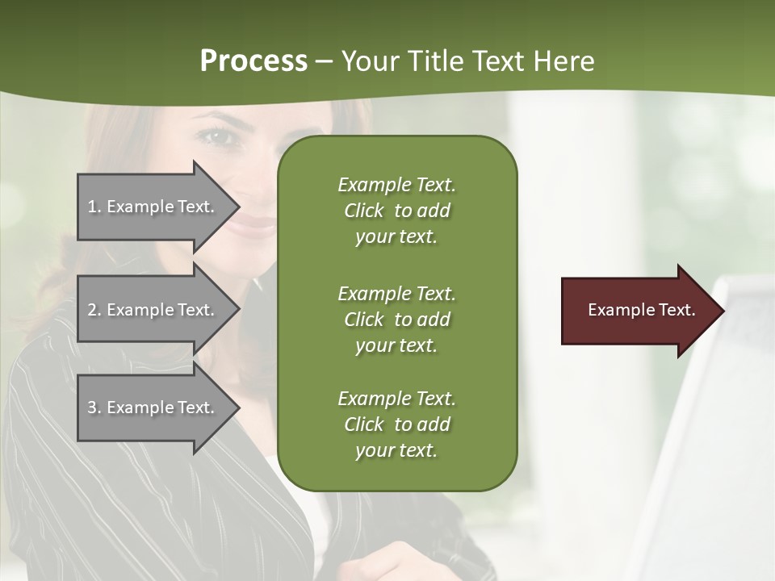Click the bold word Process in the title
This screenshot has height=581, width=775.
click(253, 61)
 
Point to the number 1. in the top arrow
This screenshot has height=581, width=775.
click(94, 207)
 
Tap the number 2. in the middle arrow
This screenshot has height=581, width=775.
click(94, 310)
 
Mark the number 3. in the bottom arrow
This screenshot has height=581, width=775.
click(94, 408)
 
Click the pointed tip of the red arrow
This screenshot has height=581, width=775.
click(720, 311)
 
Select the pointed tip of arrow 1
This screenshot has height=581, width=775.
click(236, 207)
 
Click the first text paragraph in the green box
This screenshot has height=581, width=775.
click(396, 211)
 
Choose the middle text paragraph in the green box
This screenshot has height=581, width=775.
click(396, 320)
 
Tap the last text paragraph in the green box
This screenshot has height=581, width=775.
click(396, 424)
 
